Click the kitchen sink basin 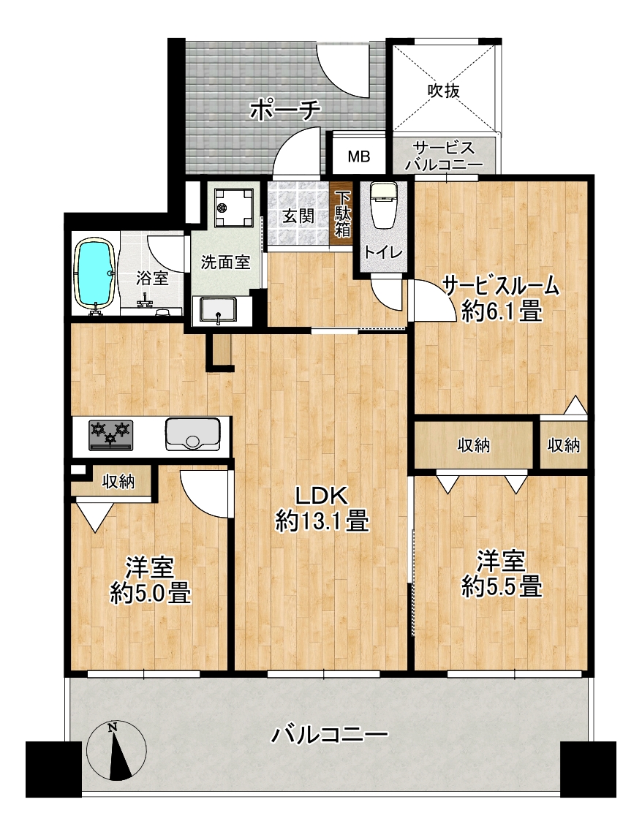[x=193, y=434]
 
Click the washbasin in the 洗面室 [x=218, y=310]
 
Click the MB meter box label [x=359, y=156]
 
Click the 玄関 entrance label [x=298, y=216]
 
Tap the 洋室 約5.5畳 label [x=502, y=574]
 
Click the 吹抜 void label [x=444, y=91]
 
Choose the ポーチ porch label [x=285, y=110]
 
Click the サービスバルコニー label [x=444, y=156]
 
